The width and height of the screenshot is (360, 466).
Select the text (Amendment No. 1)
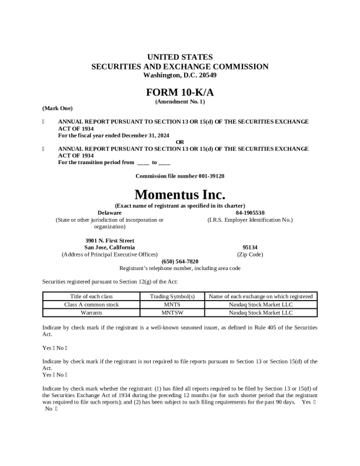(x=179, y=102)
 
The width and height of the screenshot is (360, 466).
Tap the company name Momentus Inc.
(x=179, y=194)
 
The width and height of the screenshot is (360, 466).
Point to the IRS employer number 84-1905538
(x=250, y=212)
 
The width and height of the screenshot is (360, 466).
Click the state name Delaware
(x=109, y=212)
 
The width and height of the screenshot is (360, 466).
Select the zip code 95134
(x=250, y=248)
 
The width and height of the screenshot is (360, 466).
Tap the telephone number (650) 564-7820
(x=179, y=261)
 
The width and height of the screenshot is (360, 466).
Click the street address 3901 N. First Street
(x=109, y=241)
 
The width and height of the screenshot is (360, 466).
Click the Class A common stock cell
(x=91, y=305)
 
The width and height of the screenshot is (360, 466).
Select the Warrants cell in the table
(x=91, y=313)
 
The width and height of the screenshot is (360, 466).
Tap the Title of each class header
(x=91, y=297)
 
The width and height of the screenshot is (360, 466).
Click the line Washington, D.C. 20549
(x=179, y=75)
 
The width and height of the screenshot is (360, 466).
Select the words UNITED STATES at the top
(x=179, y=57)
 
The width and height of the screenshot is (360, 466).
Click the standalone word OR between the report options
(x=180, y=142)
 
